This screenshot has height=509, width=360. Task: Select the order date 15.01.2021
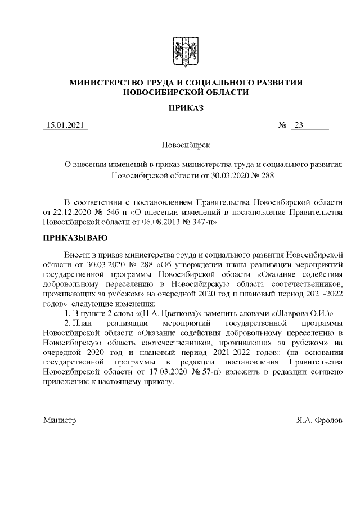65,125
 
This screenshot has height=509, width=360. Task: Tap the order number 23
298,125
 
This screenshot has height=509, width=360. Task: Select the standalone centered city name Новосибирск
186,145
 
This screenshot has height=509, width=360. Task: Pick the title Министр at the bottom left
59,421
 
